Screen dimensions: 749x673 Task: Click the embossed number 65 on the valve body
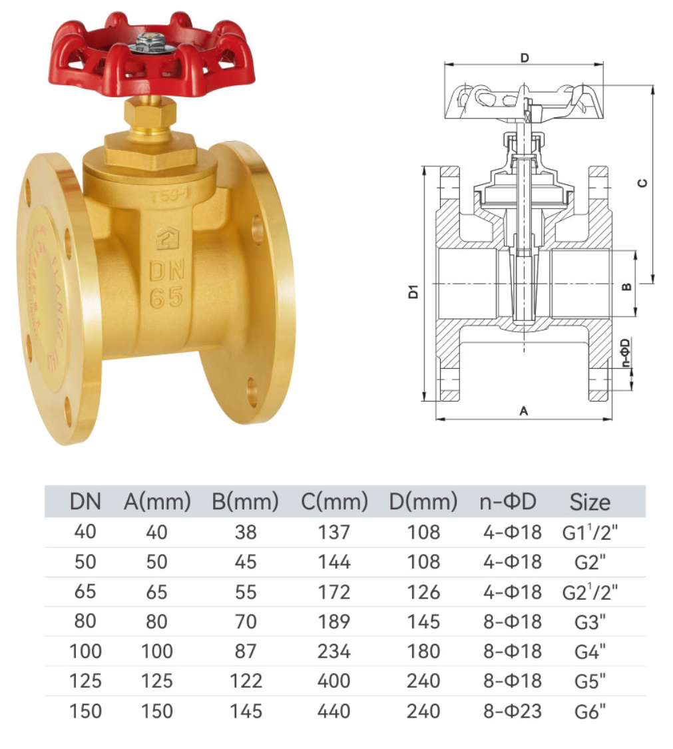tap(166, 298)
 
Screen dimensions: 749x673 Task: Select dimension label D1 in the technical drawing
tap(413, 291)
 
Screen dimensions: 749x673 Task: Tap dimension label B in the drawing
tap(626, 286)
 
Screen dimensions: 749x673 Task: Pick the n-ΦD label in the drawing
tap(625, 354)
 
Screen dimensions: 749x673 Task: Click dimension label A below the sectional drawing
tap(523, 411)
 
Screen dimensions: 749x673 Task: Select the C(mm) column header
tap(334, 502)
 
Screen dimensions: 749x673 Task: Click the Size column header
tap(589, 502)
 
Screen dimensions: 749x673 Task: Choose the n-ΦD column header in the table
tap(507, 502)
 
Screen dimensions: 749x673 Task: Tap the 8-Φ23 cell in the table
tap(513, 710)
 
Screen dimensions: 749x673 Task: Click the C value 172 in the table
tap(334, 591)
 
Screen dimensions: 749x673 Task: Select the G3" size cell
tap(590, 623)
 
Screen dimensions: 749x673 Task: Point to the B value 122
tap(246, 680)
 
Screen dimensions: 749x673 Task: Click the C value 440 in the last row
tap(334, 710)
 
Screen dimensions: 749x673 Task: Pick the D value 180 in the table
tap(424, 651)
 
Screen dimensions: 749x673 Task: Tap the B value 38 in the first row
tap(246, 532)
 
